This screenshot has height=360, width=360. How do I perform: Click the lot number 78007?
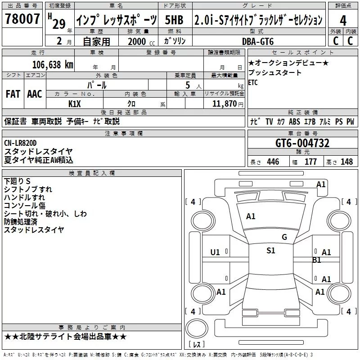[x=22, y=19]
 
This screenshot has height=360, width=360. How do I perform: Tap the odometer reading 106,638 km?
[x=53, y=64]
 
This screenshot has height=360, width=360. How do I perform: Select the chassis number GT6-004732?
[x=302, y=143]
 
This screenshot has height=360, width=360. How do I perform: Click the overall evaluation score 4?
[x=343, y=21]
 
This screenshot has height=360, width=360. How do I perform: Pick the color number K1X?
[x=75, y=103]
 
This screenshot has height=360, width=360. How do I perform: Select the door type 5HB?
[x=174, y=20]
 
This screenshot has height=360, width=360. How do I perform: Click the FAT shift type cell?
[x=13, y=94]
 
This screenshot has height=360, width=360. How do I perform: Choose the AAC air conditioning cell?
[x=35, y=94]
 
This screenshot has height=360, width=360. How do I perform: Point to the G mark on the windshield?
[x=284, y=237]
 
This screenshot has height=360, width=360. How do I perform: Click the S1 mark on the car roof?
[x=270, y=251]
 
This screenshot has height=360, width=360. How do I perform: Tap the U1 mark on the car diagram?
[x=215, y=252]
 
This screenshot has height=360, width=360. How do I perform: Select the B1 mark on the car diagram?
[x=317, y=260]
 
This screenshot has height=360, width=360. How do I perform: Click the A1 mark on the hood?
[x=251, y=216]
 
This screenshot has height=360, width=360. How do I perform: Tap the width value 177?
[x=310, y=162]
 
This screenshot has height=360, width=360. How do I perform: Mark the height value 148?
[x=346, y=162]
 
